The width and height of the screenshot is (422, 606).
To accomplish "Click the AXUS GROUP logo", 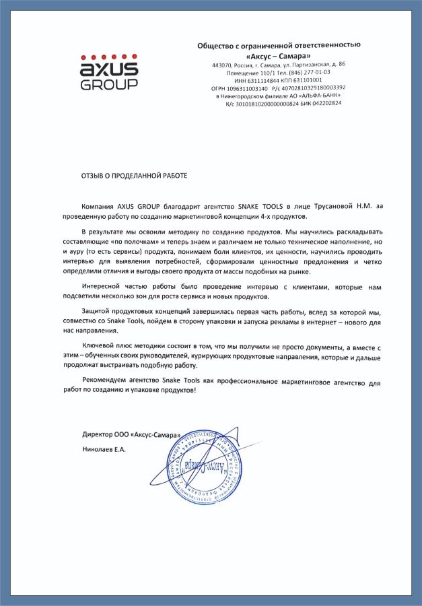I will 109,71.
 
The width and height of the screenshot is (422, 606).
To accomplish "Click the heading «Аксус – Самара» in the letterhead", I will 278,55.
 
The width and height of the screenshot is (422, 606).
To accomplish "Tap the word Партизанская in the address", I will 309,65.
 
